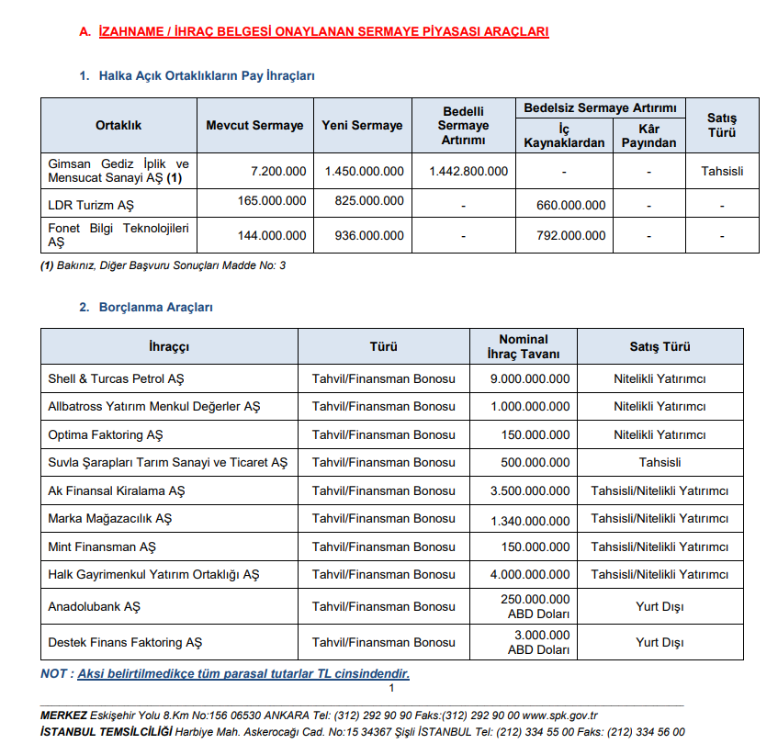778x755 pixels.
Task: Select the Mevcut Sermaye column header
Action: (x=254, y=125)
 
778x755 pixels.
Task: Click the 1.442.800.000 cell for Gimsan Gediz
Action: (x=468, y=171)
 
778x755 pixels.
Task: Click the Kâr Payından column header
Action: (x=648, y=136)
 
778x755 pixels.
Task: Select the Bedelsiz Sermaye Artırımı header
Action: (x=600, y=108)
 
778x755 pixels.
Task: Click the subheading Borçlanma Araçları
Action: (x=156, y=308)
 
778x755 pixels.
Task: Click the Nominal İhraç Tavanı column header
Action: (x=524, y=346)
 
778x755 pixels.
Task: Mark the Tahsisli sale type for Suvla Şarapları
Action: (x=660, y=463)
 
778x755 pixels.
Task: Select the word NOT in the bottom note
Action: (x=53, y=674)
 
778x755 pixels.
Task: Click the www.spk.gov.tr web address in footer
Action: (x=560, y=716)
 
